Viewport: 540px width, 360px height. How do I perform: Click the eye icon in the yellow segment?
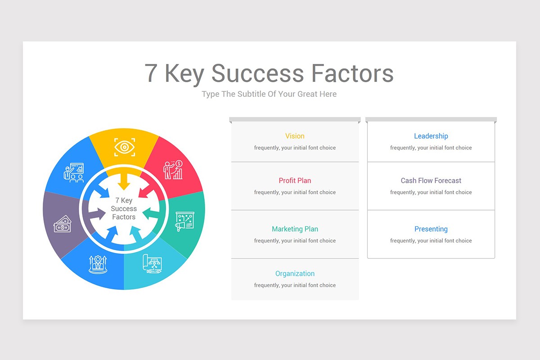[x=124, y=147]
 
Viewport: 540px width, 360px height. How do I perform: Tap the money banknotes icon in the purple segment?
[x=63, y=224]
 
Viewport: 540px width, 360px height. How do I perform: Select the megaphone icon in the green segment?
[x=184, y=221]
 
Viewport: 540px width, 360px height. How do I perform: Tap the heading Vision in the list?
[x=295, y=136]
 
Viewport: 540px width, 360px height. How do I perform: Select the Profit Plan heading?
[x=295, y=180]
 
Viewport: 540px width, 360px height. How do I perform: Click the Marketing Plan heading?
[x=295, y=229]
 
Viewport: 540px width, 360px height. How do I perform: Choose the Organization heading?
[x=295, y=274]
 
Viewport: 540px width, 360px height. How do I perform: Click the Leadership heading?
[x=431, y=136]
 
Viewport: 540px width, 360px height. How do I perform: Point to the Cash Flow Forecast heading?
[x=431, y=180]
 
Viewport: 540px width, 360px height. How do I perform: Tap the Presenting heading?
[x=431, y=229]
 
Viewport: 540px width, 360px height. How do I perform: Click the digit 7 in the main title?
[x=152, y=73]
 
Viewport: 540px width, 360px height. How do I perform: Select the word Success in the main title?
[x=258, y=73]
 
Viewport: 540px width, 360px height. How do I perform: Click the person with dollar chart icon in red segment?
[x=173, y=170]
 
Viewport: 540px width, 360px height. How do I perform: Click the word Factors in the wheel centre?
[x=124, y=217]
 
